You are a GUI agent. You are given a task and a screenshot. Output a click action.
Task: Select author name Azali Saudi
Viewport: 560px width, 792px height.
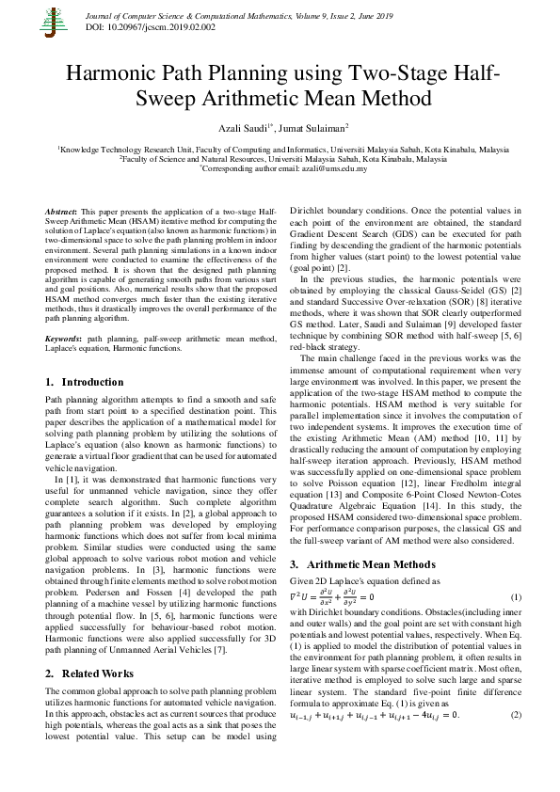coord(240,126)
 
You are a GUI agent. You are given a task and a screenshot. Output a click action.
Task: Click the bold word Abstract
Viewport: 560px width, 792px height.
coord(62,213)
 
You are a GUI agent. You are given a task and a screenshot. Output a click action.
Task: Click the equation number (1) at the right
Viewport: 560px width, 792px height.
coord(515,598)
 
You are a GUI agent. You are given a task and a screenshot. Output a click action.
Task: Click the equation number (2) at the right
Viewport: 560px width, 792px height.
coord(515,715)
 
